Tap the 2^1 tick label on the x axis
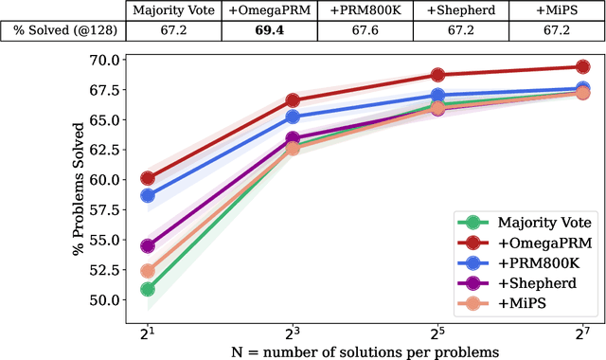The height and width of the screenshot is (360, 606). tap(147, 333)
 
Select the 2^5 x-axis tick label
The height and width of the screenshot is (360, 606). tap(437, 333)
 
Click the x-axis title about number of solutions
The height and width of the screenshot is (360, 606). tap(365, 351)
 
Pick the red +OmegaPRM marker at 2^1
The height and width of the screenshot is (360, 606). tap(148, 178)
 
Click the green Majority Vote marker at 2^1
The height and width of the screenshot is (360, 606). tap(148, 289)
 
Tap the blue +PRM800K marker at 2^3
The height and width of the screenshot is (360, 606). tap(293, 117)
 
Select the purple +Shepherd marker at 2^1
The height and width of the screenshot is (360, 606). tap(148, 246)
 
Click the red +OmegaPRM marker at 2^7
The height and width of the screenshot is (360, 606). tap(582, 66)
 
